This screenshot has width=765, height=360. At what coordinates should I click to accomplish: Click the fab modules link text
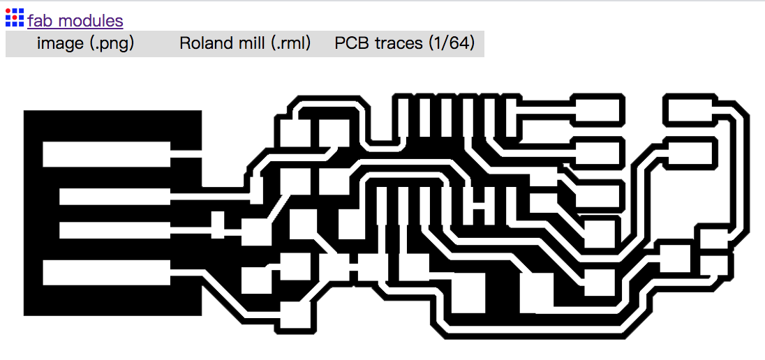coord(75,21)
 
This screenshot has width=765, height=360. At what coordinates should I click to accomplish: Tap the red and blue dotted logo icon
coord(14,17)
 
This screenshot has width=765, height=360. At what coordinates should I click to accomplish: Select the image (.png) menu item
coord(85,43)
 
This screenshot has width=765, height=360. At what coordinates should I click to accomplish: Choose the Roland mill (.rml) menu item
coord(245,43)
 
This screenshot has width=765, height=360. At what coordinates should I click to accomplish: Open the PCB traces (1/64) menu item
coord(404,43)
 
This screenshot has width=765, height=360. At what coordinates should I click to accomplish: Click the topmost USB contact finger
coord(106,154)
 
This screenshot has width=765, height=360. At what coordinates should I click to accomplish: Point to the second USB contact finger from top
coord(114,197)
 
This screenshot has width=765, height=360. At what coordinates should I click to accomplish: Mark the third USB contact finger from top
coord(114,230)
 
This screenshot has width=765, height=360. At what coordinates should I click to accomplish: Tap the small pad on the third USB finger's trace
coord(218,225)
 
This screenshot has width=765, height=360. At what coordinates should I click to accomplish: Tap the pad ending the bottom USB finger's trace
coord(296,315)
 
